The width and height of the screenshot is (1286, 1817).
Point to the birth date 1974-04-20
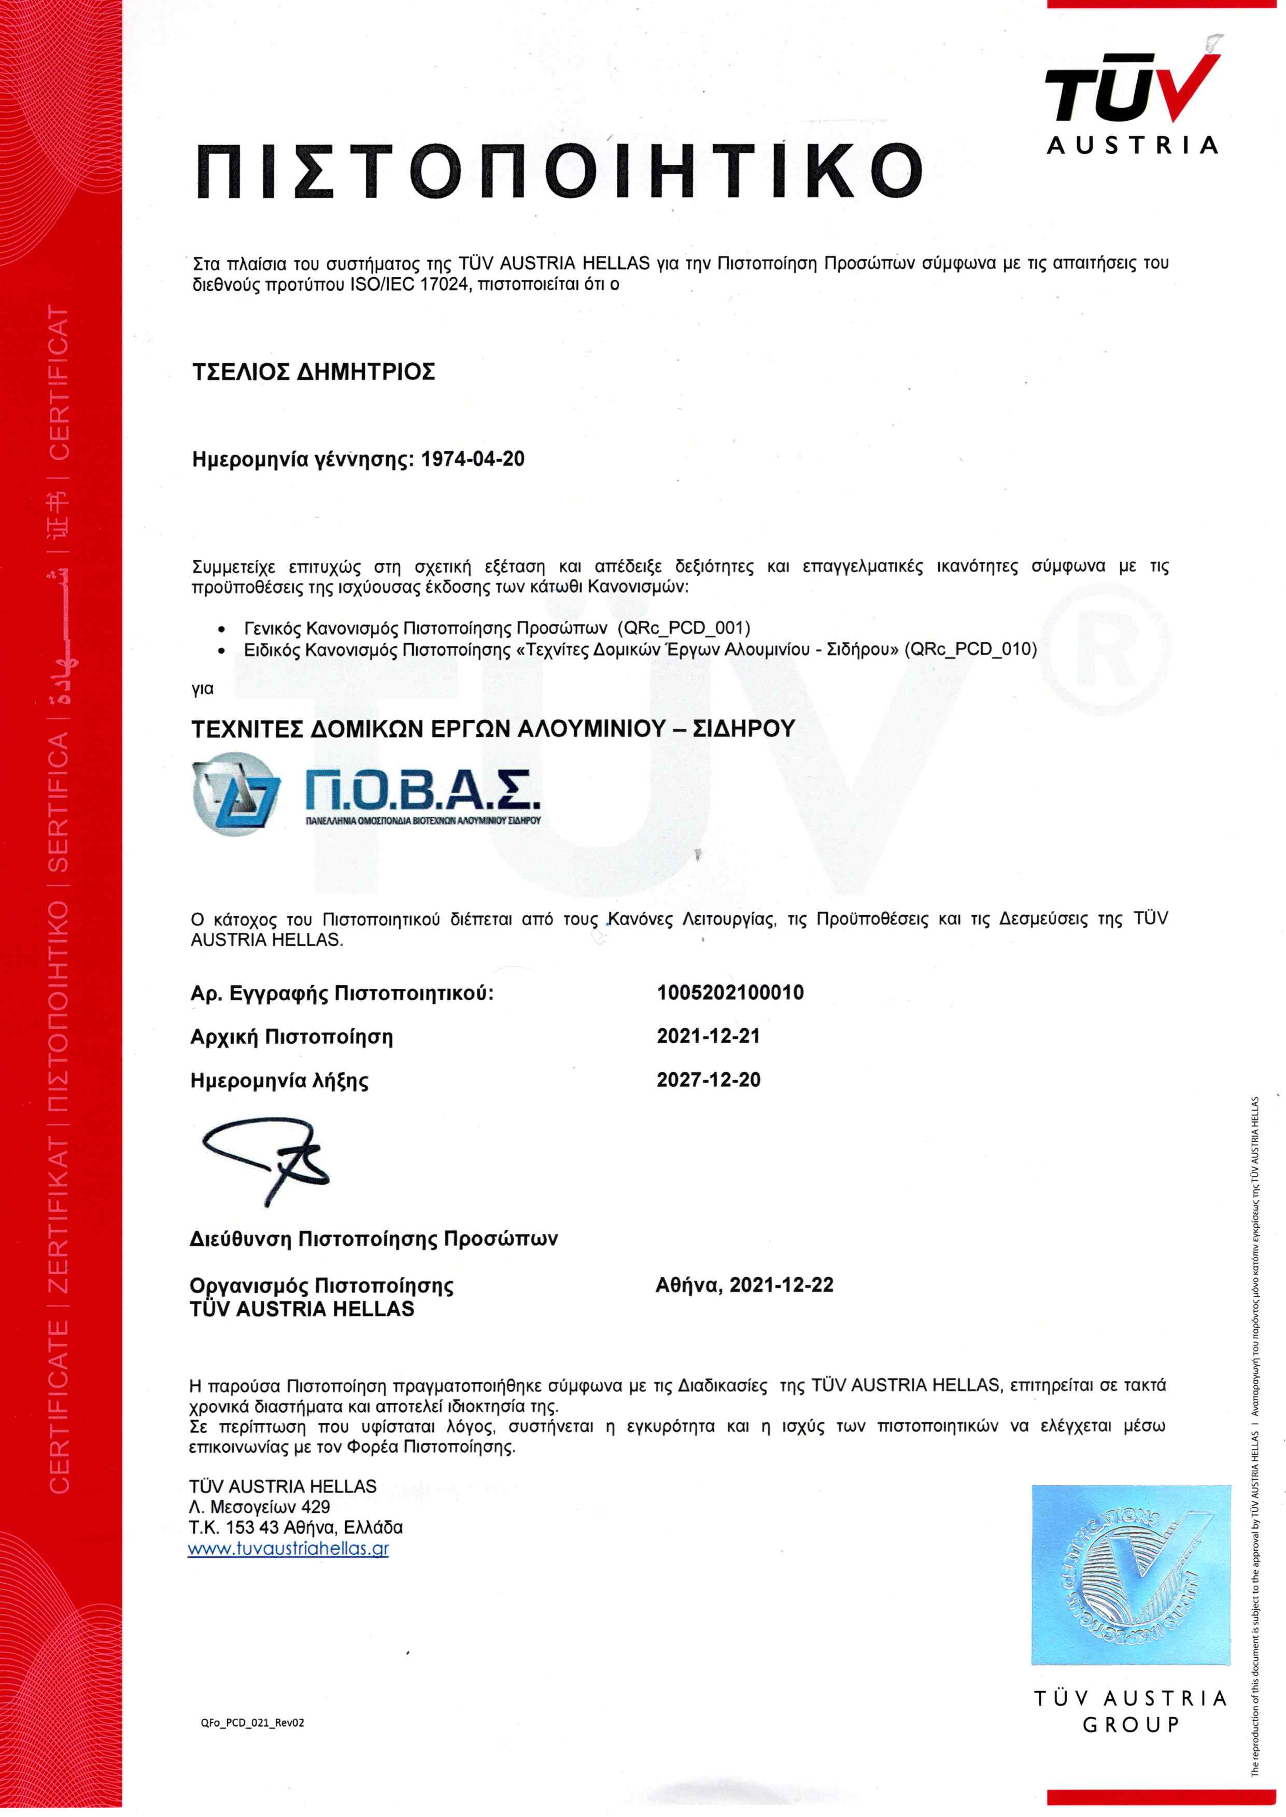point(472,459)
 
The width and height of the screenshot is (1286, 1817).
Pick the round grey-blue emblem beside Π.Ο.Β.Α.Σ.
point(235,793)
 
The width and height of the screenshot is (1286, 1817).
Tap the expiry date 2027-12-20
point(708,1080)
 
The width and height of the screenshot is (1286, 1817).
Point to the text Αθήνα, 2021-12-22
point(744,1285)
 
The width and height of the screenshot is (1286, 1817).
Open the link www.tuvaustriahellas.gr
point(288,1549)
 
